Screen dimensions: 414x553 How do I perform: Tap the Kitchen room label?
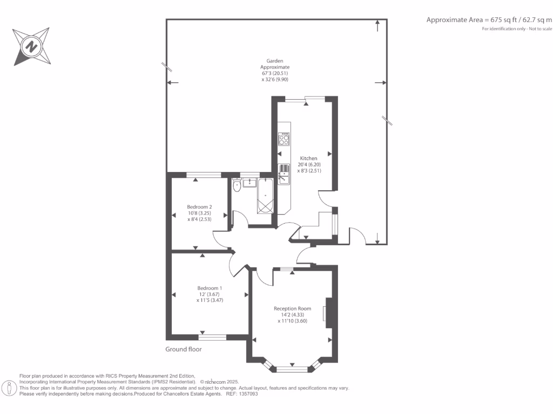point(309,158)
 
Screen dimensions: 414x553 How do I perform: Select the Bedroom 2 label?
point(199,207)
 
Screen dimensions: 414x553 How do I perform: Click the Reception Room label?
point(292,309)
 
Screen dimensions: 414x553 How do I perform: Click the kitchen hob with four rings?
point(284,139)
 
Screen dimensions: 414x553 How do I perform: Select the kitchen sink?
point(284,174)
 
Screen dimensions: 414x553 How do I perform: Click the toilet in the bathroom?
point(237,185)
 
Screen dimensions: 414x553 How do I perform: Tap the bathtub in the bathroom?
point(266,196)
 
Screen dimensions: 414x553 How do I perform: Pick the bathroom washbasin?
point(250,183)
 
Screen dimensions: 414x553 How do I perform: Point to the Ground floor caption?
point(184,349)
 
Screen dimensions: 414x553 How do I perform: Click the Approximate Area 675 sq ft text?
point(489,20)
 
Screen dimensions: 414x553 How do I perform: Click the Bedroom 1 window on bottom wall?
point(212,337)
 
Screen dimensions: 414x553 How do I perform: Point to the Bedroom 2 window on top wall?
point(204,174)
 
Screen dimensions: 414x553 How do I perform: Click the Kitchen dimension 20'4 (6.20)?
point(309,165)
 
